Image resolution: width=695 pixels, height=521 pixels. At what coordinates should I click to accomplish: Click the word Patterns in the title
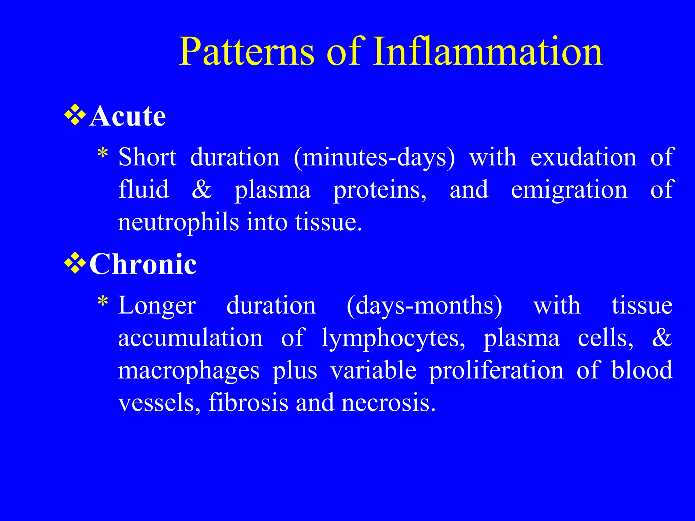click(247, 52)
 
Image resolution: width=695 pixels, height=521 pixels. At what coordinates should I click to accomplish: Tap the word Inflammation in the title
click(487, 52)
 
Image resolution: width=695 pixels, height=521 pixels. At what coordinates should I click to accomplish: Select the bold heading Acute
click(128, 116)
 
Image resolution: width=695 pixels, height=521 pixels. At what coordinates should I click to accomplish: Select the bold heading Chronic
click(143, 264)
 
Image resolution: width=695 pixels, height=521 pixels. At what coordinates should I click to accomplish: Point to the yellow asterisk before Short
click(102, 154)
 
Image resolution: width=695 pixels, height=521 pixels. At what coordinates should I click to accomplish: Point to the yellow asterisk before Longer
click(102, 302)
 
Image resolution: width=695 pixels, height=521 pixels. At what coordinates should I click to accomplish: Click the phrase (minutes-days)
click(374, 158)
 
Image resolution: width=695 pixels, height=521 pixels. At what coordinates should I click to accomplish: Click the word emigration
click(569, 190)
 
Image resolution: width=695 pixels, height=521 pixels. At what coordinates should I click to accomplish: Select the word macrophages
click(189, 371)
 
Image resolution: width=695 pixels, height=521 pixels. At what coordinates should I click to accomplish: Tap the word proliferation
click(496, 370)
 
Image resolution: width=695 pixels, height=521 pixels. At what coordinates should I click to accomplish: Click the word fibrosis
click(248, 402)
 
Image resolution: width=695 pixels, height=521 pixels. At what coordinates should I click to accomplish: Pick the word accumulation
click(190, 338)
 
